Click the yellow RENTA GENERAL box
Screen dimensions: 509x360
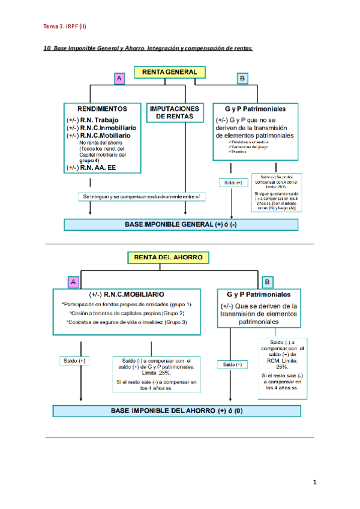click(169, 73)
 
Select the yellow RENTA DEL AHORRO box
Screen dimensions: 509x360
click(169, 258)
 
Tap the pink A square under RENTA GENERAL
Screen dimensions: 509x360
click(119, 79)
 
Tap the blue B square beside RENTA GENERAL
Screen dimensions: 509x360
click(242, 79)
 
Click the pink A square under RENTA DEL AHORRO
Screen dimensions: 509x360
click(73, 282)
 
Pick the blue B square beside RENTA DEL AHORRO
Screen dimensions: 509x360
click(268, 282)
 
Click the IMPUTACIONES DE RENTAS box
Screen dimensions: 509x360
click(176, 113)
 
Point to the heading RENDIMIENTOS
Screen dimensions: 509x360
click(103, 109)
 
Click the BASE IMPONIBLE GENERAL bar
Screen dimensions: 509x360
click(181, 224)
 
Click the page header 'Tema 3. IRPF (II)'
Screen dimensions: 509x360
click(65, 26)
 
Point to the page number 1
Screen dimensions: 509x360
click(314, 483)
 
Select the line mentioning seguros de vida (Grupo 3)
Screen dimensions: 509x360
click(127, 322)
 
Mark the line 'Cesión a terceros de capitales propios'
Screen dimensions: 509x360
click(127, 313)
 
